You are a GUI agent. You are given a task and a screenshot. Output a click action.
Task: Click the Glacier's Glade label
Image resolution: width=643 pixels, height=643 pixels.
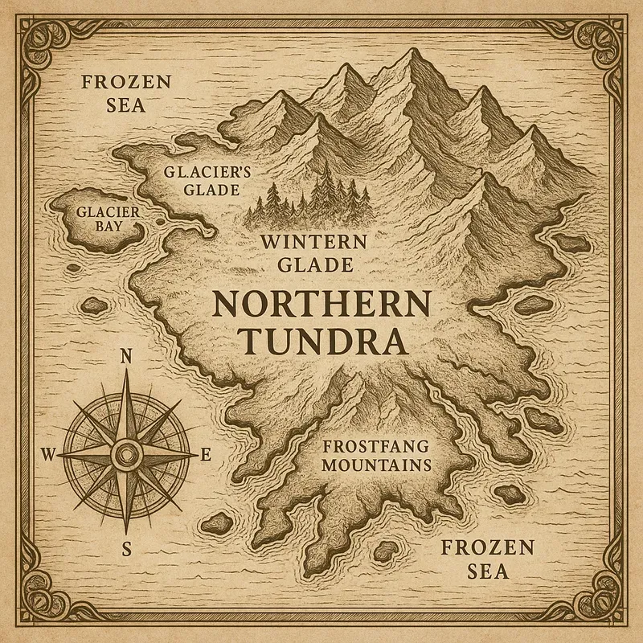(x=202, y=181)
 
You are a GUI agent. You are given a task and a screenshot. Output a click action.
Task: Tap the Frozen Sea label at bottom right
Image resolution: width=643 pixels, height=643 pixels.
(x=488, y=559)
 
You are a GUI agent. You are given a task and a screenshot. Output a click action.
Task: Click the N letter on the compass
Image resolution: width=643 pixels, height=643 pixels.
(x=125, y=358)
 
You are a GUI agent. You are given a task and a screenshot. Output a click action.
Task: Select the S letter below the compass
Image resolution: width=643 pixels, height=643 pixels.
(x=126, y=550)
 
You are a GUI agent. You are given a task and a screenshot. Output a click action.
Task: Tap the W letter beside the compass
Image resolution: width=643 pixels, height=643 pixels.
(x=47, y=456)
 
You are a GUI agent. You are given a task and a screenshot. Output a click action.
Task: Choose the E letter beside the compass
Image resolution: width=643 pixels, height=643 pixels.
(x=206, y=456)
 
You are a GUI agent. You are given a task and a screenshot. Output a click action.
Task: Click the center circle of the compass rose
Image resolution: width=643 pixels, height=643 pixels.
(x=126, y=455)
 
